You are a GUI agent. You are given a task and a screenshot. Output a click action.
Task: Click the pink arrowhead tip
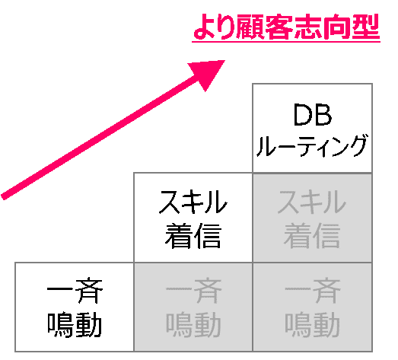tap(225, 60)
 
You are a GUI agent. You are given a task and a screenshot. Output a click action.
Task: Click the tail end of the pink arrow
tap(3, 197)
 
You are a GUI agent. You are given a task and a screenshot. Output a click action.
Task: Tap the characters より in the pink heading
tap(214, 27)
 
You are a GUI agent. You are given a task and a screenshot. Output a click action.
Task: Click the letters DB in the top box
tap(313, 115)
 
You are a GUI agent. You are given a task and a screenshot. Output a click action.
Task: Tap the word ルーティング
tap(312, 145)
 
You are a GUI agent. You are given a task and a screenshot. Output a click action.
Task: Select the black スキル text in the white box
tap(193, 202)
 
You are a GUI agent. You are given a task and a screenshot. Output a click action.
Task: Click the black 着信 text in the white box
tap(193, 235)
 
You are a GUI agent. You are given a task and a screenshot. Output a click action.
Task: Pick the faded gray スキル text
tap(312, 202)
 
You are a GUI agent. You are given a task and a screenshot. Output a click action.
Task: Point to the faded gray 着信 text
tap(312, 235)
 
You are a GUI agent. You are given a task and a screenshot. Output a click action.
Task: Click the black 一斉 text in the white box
tap(75, 292)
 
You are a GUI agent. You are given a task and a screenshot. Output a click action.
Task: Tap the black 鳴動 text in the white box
tap(75, 325)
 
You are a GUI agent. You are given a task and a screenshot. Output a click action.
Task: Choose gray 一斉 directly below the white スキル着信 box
tap(193, 292)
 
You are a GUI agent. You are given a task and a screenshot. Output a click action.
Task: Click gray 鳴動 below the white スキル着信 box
tap(193, 325)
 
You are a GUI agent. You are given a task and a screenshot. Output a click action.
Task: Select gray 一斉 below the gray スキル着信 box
tap(313, 292)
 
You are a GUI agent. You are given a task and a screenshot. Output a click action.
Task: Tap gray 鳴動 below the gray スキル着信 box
tap(313, 325)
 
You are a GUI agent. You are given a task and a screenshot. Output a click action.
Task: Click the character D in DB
tap(303, 115)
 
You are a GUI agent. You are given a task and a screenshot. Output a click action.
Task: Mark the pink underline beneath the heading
tap(286, 41)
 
